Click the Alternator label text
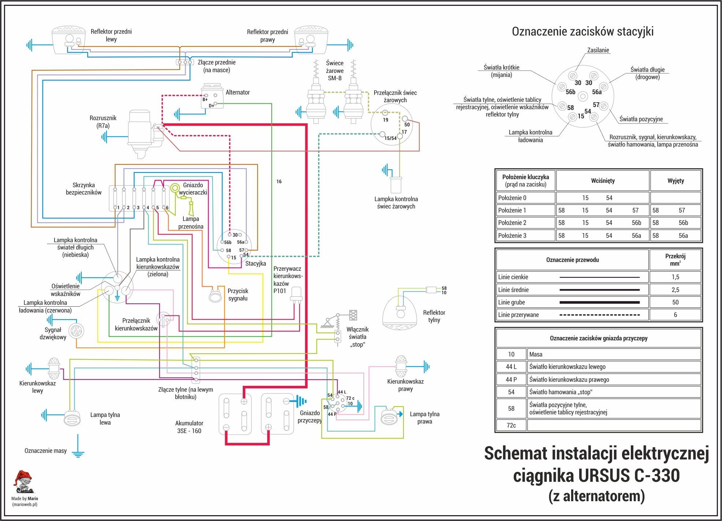238,92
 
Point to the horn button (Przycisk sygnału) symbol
215,295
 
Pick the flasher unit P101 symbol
296,295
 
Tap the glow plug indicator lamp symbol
396,185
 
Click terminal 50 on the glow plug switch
405,119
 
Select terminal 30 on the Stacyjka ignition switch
230,234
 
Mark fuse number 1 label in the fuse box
118,208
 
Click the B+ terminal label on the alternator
205,99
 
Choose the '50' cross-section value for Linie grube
675,302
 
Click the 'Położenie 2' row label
512,223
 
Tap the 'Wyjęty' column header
676,181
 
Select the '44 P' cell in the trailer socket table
511,380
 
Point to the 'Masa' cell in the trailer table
536,354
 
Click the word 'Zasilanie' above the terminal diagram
598,50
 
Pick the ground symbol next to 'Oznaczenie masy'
78,454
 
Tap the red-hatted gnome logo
23,482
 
